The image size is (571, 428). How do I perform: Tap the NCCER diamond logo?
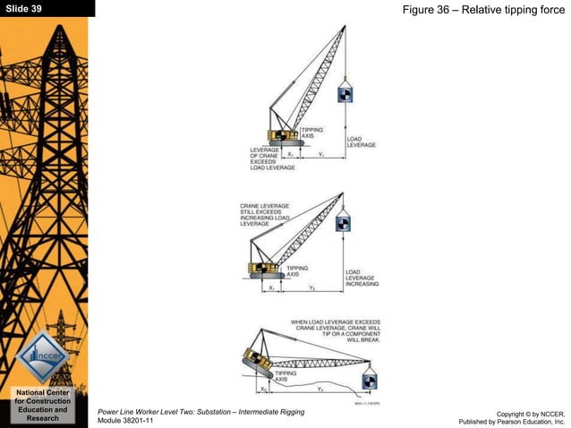click(x=42, y=355)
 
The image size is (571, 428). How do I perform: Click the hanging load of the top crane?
click(x=345, y=95)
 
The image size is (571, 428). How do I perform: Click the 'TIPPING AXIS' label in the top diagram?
click(x=313, y=133)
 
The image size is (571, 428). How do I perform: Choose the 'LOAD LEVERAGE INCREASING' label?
click(x=362, y=278)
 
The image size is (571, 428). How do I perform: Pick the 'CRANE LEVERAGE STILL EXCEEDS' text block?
click(x=265, y=215)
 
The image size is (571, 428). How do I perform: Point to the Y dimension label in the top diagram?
click(x=320, y=154)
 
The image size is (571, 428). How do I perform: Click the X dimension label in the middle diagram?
click(x=271, y=288)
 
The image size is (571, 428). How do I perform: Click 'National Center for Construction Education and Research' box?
click(x=42, y=406)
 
